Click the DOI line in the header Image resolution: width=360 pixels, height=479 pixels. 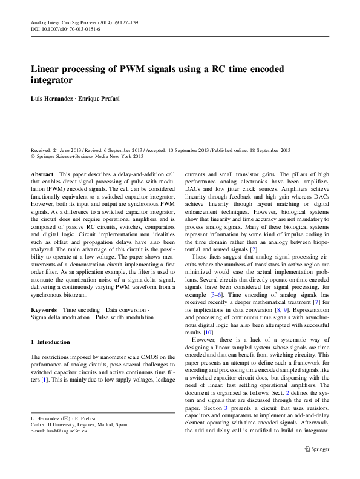[65, 29]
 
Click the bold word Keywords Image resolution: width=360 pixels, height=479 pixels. [44, 309]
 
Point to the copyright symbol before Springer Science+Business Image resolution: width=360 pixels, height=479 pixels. [33, 157]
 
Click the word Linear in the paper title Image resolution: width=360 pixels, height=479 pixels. [48, 69]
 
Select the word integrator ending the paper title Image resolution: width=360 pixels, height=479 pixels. [52, 81]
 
